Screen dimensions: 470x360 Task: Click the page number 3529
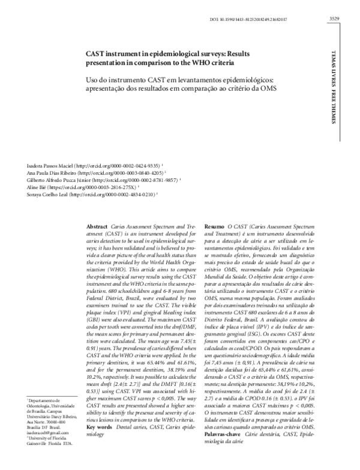tap(335, 19)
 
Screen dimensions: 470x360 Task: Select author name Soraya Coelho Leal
tap(44, 195)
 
